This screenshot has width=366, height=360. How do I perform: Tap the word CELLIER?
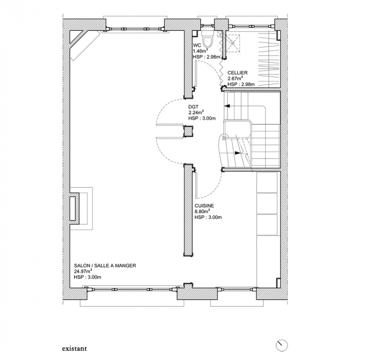tap(237, 73)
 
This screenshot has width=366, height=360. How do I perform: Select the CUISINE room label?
tap(204, 206)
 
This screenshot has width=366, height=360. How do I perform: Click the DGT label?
tap(193, 107)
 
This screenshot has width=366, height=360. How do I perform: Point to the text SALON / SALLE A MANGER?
tap(105, 265)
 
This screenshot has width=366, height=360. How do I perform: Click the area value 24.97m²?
tap(83, 271)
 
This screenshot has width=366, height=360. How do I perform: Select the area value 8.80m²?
tap(202, 212)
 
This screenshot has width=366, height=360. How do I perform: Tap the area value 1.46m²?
tap(200, 51)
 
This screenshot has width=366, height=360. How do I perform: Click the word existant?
tap(74, 349)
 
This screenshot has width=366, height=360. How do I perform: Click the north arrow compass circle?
tap(281, 345)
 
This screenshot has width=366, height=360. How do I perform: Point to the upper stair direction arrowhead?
tap(227, 106)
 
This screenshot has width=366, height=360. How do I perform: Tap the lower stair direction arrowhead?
tap(237, 153)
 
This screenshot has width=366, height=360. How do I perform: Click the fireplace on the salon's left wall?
tap(81, 208)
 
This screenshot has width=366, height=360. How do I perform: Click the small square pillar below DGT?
tap(188, 131)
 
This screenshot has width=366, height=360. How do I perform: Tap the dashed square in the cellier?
tap(233, 43)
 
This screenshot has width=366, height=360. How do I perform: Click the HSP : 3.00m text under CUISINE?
tap(208, 217)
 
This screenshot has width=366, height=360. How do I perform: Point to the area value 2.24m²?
tap(196, 112)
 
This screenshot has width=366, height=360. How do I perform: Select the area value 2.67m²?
tap(235, 78)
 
